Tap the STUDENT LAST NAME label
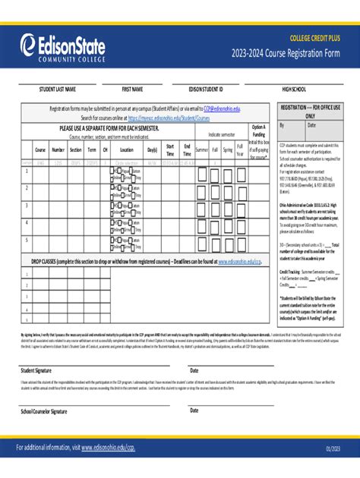click(x=58, y=90)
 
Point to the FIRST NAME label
click(x=132, y=90)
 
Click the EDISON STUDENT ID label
click(x=206, y=90)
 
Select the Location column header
click(x=126, y=150)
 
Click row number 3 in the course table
click(x=27, y=205)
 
